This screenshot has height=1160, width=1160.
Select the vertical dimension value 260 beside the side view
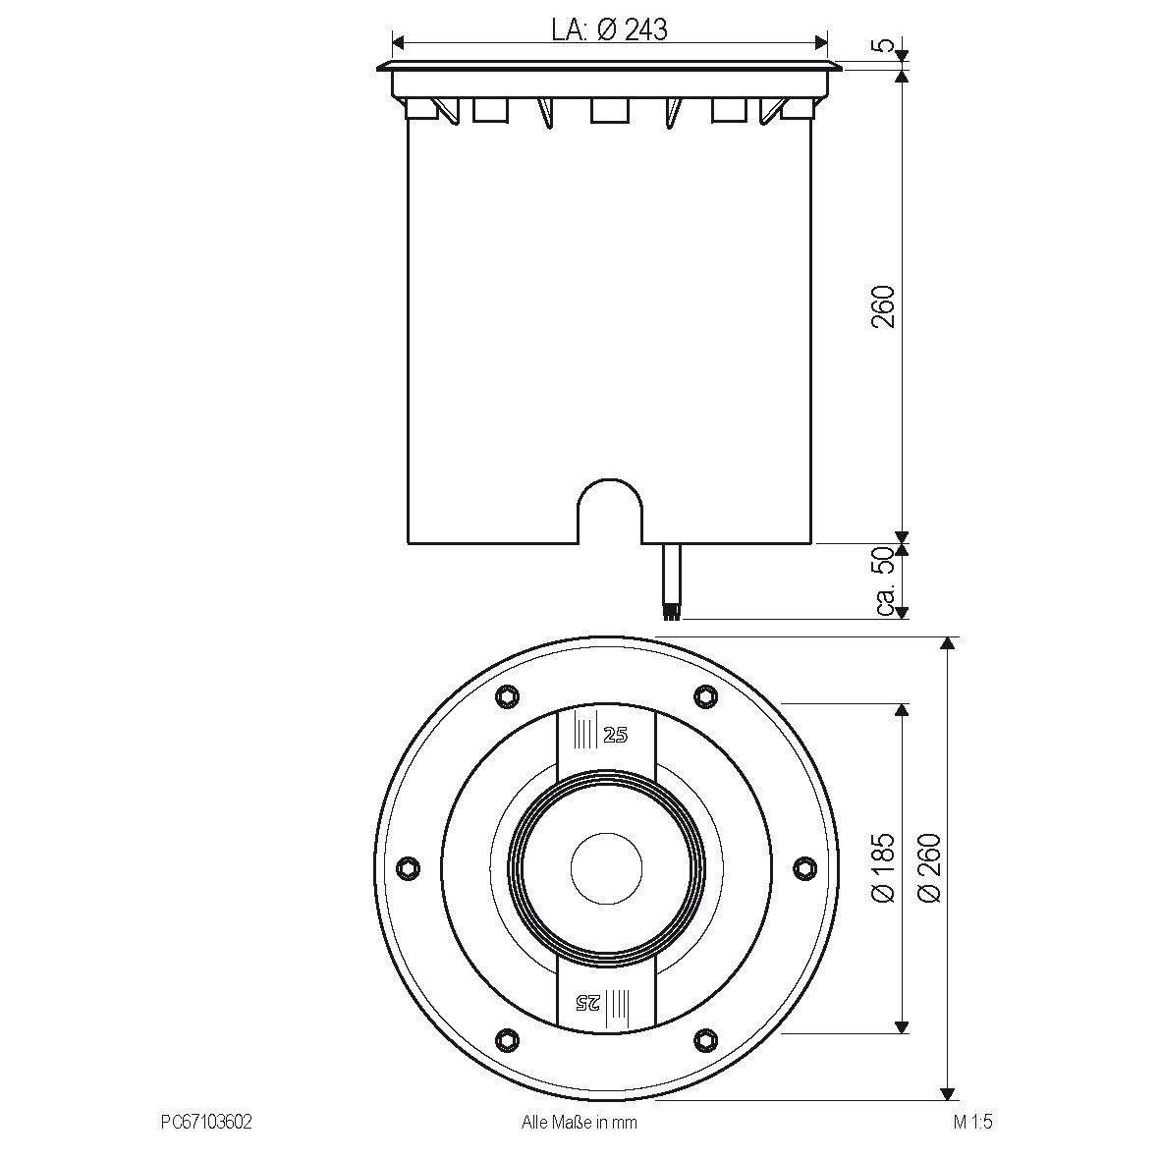[884, 306]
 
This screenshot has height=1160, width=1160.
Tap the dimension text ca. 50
[884, 581]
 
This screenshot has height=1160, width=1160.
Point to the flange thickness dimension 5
[884, 44]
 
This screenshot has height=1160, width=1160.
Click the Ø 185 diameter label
[884, 867]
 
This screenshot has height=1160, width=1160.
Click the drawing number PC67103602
[206, 1123]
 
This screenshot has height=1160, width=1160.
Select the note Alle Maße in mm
[579, 1123]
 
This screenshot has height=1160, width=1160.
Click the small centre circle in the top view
[608, 867]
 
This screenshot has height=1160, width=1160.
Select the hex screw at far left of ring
[408, 867]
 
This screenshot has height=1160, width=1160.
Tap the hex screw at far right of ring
[805, 867]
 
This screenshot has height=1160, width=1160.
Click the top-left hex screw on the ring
[506, 695]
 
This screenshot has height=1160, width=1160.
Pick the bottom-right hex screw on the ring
[705, 1038]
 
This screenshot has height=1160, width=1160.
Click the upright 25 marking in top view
[615, 736]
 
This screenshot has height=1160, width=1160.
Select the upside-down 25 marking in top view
[587, 1002]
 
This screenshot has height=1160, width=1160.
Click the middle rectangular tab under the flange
[609, 110]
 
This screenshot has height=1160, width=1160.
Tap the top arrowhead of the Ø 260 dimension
[947, 644]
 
